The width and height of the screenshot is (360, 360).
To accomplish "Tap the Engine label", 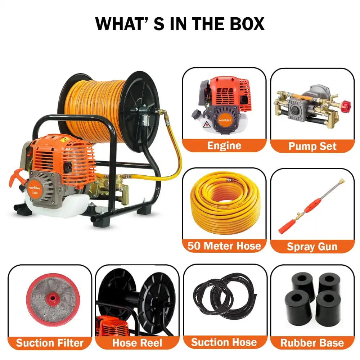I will pos(224,146).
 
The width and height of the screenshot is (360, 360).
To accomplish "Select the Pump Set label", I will pos(312,146).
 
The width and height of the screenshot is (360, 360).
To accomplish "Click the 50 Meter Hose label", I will pos(224,246).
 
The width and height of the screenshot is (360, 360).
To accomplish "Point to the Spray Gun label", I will pos(312,246).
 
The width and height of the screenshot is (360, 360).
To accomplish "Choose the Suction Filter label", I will pos(50,342).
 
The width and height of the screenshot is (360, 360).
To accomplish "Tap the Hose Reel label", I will pos(137,342).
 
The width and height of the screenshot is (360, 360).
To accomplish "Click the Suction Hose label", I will pos(224,342).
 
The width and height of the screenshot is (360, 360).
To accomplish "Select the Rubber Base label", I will pos(312,342).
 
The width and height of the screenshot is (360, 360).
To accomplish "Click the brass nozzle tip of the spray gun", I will pos(340,180).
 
